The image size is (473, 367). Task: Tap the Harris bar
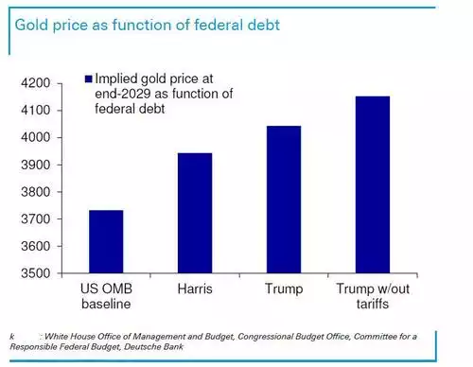pyautogui.click(x=194, y=213)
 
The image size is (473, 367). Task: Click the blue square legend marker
pyautogui.click(x=89, y=80)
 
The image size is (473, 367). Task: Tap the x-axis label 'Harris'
pyautogui.click(x=194, y=287)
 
